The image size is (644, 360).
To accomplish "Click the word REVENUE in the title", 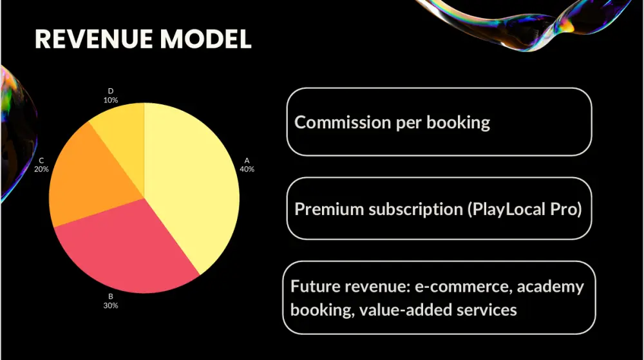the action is click(94, 39).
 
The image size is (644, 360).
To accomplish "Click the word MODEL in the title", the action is click(206, 39).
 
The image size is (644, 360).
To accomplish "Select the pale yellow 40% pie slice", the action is click(189, 180).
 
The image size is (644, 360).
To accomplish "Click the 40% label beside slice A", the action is click(247, 169).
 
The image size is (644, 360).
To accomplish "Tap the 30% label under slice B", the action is click(111, 305).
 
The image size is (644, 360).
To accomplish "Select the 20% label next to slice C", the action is click(41, 169).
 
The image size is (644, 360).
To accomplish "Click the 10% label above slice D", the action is click(111, 100).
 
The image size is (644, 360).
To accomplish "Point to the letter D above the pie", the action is click(111, 91).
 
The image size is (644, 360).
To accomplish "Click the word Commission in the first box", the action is click(343, 122).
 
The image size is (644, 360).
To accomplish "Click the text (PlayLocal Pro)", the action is click(525, 209).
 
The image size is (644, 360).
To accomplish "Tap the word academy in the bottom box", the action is click(551, 287).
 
